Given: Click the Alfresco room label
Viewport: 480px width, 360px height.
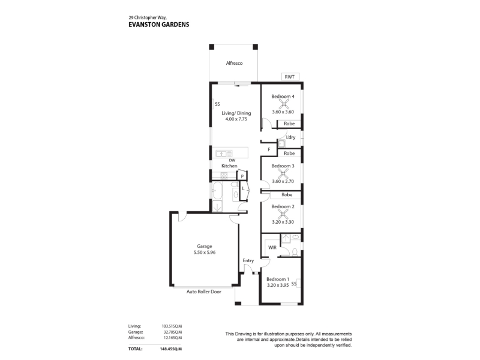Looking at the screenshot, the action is [234, 63].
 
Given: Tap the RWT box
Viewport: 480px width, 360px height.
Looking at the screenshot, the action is [290, 77].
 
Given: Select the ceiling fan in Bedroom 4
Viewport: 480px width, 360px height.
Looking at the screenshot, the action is [283, 104].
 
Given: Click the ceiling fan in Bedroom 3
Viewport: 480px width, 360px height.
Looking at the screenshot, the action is [283, 173].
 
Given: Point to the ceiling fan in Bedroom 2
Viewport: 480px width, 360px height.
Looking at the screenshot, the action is [282, 214].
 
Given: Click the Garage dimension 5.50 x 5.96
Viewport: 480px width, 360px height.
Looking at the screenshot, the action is [205, 252].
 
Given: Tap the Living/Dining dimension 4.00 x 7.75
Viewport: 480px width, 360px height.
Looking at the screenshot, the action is [236, 119].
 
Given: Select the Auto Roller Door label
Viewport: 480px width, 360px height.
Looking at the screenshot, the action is [204, 292].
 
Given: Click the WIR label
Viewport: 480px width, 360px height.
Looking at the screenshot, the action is [272, 247].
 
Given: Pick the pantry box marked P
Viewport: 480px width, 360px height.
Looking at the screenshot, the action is [242, 176].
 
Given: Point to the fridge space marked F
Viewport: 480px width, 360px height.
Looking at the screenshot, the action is [269, 149].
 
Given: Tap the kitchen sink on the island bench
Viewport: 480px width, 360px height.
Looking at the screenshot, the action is [224, 154].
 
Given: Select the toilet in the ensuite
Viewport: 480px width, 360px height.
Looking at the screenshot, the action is [295, 252].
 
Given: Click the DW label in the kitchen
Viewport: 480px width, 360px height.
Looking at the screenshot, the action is [232, 160].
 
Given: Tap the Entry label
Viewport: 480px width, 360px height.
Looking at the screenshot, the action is [248, 260].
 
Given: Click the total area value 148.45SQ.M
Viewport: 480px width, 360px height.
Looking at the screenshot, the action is [171, 349].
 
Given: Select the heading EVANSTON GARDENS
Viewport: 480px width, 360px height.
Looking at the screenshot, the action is [159, 25].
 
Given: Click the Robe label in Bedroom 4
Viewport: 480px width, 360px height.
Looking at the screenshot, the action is [289, 124].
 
